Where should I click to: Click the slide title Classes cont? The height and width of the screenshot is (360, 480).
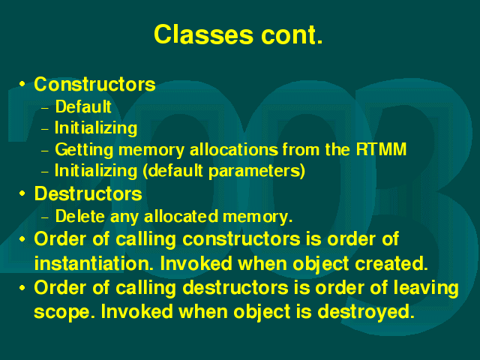coord(238,34)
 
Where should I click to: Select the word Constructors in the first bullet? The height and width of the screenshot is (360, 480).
coord(95,84)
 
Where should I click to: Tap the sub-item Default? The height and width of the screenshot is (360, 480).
coord(83,106)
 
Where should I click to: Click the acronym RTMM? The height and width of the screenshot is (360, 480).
coord(381,149)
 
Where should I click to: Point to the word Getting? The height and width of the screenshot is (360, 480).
coord(84,150)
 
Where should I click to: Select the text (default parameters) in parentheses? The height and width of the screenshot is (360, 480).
coord(224,171)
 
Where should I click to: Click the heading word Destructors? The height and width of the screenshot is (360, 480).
coord(88,193)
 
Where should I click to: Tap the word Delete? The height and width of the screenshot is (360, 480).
coord(80,216)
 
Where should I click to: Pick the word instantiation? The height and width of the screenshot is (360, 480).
coord(94,263)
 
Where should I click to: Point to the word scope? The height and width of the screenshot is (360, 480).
coord(64,312)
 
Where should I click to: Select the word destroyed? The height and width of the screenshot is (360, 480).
coord(366,312)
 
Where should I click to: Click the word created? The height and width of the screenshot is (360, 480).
coord(391,263)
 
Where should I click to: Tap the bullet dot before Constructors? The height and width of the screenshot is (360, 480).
coord(22,83)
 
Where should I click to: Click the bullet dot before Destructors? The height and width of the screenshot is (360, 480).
coord(22,193)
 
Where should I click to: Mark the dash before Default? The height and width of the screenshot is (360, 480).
coord(45,108)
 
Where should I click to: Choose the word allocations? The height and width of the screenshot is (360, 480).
coord(234,149)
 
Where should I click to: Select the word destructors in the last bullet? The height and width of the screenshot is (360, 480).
coord(235,288)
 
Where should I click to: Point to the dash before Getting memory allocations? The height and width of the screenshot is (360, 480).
coord(45,151)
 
